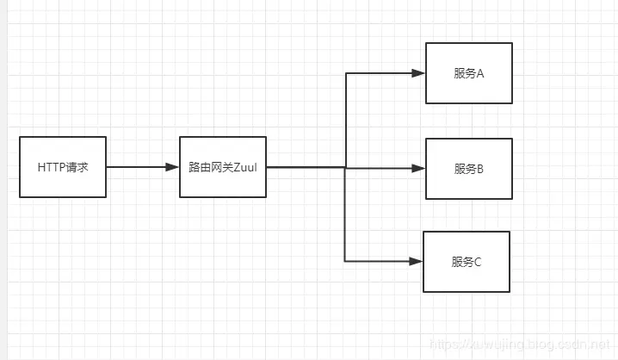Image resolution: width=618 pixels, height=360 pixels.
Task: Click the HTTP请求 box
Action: coord(63,167)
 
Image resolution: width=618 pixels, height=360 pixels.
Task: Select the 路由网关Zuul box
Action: coord(222,167)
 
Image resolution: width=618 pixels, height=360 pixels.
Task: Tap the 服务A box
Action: coord(468,73)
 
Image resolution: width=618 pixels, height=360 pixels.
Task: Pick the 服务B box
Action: coord(468,169)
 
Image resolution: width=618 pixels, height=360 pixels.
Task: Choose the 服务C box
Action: coord(467,261)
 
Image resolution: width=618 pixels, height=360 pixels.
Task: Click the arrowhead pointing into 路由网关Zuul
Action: coord(173,167)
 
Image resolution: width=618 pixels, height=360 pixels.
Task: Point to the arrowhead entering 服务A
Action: coord(420,73)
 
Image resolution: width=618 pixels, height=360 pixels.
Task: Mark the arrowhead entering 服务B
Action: coord(420,168)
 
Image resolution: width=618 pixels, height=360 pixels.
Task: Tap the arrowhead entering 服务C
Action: coord(417,261)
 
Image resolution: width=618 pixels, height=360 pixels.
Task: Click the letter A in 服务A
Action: coord(480,73)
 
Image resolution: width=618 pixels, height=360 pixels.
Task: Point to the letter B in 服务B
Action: coord(480,169)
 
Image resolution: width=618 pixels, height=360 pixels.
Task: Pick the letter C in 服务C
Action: coord(478,262)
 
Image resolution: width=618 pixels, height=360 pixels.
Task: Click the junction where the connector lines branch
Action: coord(345,167)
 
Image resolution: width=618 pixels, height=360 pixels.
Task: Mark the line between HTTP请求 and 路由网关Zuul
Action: coord(138,167)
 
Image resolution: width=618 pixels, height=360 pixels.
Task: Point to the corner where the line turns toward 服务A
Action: coord(345,73)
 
